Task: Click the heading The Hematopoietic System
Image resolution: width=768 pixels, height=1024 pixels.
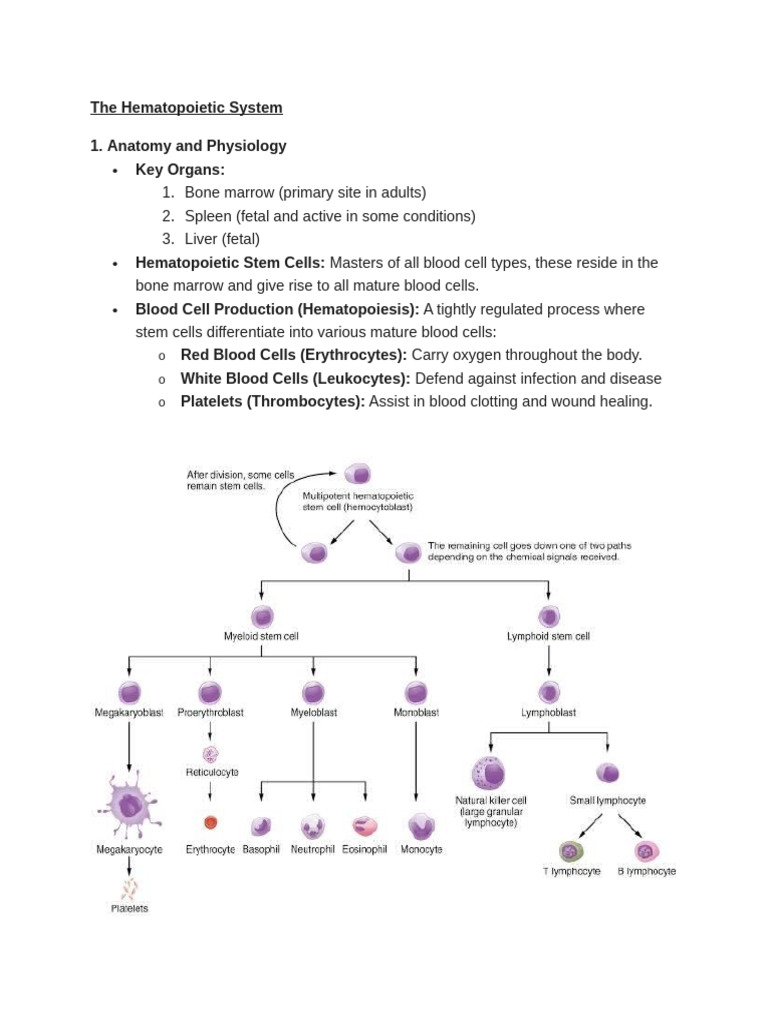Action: [186, 107]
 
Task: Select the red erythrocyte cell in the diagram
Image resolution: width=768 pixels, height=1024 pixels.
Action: [210, 823]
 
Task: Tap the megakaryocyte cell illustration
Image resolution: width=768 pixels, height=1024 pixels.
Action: [129, 804]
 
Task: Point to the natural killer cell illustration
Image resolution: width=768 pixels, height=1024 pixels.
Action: [489, 773]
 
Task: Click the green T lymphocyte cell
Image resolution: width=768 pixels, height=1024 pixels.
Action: [571, 851]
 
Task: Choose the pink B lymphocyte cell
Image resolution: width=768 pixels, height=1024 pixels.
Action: [646, 851]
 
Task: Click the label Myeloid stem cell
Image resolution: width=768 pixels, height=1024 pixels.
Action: [261, 636]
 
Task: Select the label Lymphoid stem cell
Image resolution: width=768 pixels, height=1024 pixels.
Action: [548, 636]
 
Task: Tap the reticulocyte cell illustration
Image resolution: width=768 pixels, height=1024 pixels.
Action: [210, 754]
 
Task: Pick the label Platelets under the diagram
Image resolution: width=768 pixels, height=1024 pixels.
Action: [129, 908]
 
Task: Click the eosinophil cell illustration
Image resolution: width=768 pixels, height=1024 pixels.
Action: [365, 826]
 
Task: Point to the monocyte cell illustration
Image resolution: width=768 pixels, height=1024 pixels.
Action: [421, 826]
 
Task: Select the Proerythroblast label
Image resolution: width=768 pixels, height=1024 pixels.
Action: [211, 713]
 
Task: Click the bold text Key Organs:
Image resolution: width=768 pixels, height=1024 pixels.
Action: [180, 169]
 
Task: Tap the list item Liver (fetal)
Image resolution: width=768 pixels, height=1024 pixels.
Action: [222, 239]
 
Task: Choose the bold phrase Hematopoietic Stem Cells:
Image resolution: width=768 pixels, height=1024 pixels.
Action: [230, 262]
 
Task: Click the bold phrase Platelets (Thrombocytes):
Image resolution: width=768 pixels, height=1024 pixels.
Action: [272, 401]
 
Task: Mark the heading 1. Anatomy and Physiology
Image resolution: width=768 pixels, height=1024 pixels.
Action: [188, 146]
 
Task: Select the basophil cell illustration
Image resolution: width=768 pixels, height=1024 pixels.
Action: [261, 826]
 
